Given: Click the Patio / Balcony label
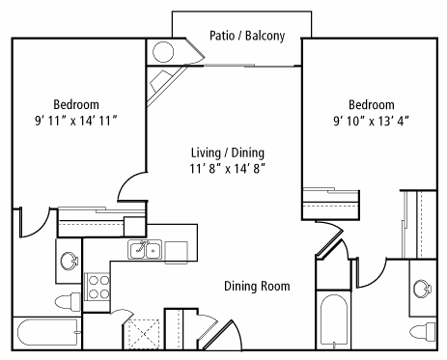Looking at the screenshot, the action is (247, 36).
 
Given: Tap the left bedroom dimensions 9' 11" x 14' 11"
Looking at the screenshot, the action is (76, 121).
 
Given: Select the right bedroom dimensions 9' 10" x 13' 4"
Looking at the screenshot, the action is (372, 121).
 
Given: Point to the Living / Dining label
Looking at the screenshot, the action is (228, 152).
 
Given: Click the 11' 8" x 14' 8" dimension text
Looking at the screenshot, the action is (228, 169).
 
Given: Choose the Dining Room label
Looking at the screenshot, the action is (257, 286).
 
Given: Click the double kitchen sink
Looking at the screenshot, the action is (145, 249).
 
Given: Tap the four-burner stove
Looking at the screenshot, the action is (97, 287).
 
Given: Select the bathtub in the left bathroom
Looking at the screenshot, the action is (48, 333).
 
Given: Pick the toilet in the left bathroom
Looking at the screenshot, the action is (68, 302).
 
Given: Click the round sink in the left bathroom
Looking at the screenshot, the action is (70, 261).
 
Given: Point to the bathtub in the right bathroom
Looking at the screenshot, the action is (334, 320).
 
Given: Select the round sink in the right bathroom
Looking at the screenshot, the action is (422, 289).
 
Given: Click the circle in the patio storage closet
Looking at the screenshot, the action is (163, 52).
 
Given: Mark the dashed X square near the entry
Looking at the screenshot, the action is (144, 334).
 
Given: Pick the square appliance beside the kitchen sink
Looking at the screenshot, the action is (176, 253).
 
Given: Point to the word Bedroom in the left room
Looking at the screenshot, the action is (76, 105).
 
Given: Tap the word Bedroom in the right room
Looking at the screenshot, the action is (372, 105).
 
